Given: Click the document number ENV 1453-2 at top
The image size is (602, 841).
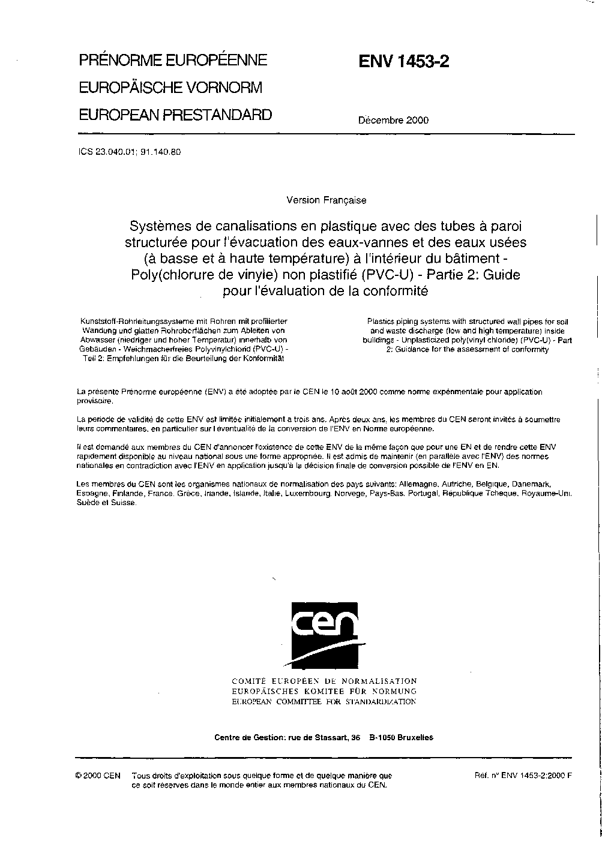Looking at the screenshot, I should (x=404, y=62).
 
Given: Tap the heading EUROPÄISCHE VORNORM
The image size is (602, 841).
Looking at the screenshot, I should (x=171, y=88).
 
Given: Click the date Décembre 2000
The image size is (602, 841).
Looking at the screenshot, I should (x=393, y=120).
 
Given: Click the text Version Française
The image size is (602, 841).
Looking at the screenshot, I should (x=327, y=200).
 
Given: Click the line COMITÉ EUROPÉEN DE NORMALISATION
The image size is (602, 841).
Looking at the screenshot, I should (x=324, y=681).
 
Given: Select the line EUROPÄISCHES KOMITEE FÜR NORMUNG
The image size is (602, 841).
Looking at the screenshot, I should (x=324, y=691).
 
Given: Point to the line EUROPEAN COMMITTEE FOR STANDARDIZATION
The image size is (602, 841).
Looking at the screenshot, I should (x=324, y=701).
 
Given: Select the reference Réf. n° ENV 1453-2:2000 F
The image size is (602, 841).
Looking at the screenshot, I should (x=523, y=775).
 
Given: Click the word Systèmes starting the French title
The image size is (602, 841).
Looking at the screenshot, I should (x=159, y=227).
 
